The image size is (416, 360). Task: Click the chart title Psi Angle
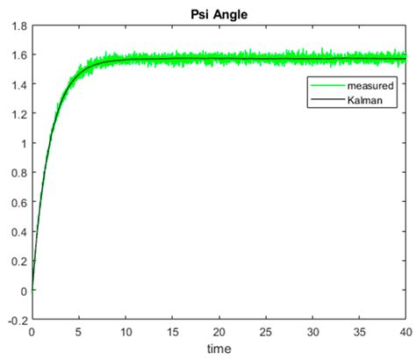click(x=219, y=14)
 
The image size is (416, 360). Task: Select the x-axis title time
click(x=219, y=349)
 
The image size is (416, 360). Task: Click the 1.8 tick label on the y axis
click(x=18, y=26)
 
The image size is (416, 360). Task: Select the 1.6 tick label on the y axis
click(x=18, y=55)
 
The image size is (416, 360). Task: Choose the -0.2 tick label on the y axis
click(x=16, y=320)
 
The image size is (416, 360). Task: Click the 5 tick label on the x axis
click(x=79, y=333)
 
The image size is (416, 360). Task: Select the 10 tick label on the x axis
click(x=126, y=333)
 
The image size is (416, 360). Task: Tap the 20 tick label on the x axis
click(x=219, y=333)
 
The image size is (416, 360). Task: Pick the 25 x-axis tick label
click(x=266, y=333)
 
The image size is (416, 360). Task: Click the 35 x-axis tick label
click(x=360, y=333)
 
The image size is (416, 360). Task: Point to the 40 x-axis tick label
click(x=405, y=333)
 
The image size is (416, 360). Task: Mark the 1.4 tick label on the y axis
click(x=18, y=85)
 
